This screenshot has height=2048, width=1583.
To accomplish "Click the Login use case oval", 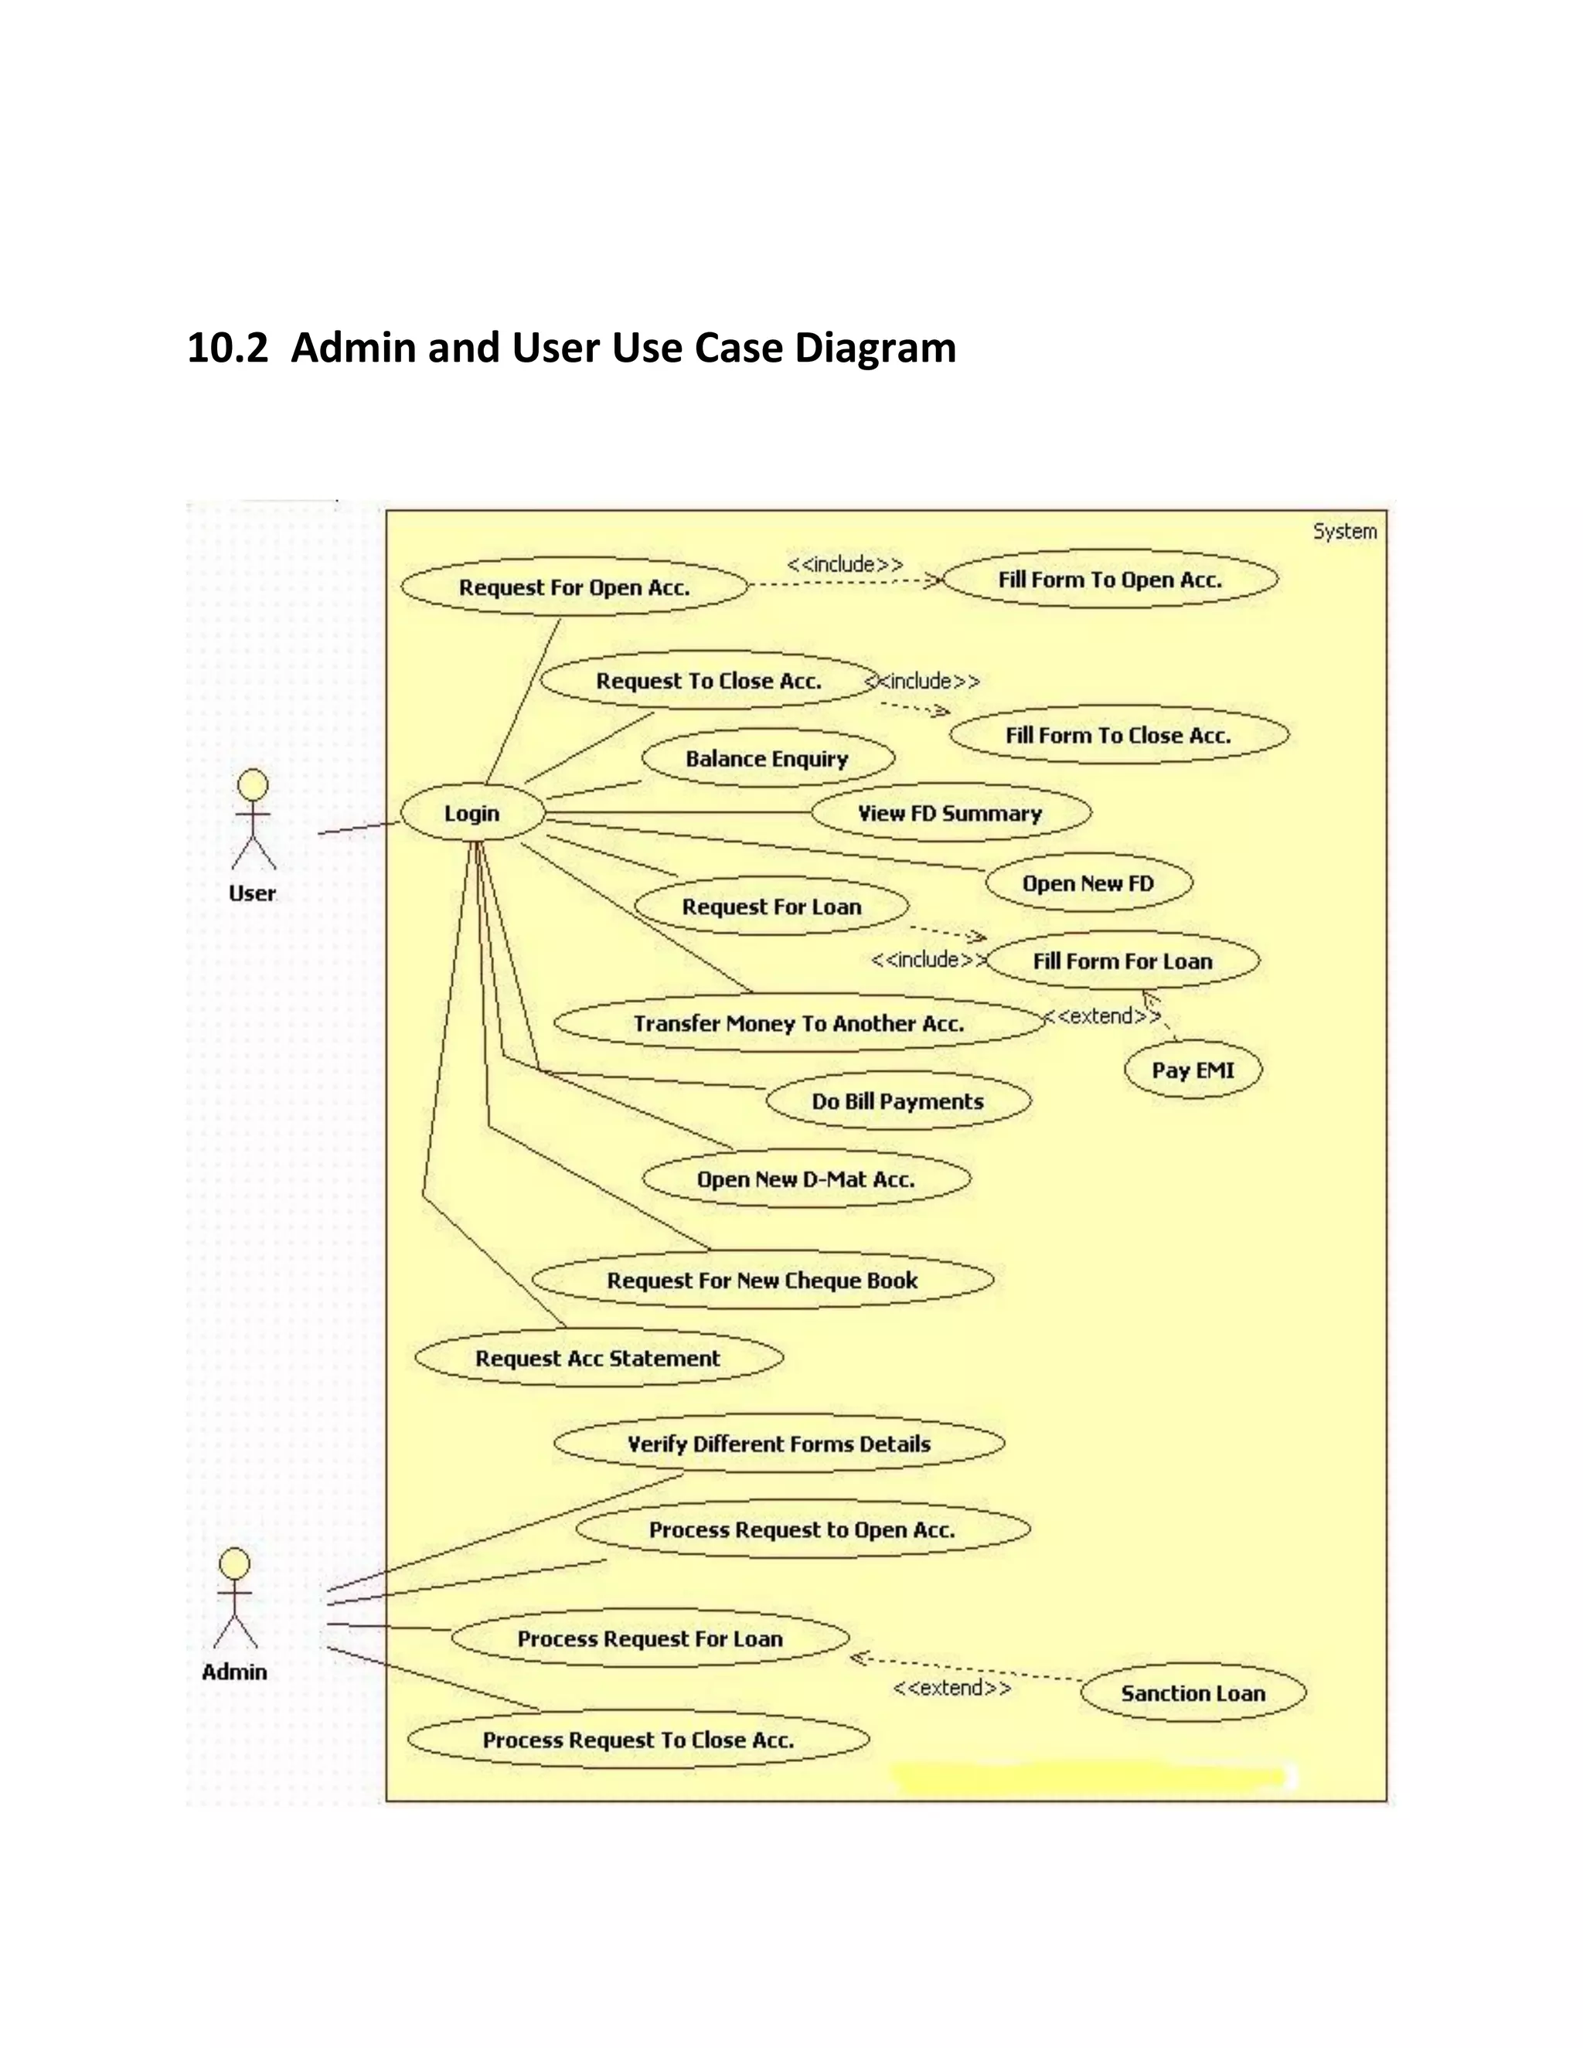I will point(471,813).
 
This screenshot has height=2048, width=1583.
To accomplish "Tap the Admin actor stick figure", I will point(234,1600).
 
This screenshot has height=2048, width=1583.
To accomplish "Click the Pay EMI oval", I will point(1193,1070).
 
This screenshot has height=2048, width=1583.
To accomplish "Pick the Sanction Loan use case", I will point(1193,1693).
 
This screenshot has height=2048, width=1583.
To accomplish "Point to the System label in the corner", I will point(1345,532).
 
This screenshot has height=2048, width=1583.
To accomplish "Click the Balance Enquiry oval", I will point(767,759).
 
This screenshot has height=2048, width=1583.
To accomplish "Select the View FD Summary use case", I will point(950,813).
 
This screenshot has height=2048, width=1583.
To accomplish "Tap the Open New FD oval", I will point(1088,883).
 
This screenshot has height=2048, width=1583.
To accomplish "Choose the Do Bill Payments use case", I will point(897,1101).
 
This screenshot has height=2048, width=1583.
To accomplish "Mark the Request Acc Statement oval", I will point(597,1358).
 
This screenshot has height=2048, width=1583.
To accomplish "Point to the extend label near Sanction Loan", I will point(952,1688).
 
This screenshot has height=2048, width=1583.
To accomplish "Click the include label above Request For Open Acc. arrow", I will point(845,563).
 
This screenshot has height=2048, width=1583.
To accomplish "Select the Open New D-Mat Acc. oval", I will point(805,1179).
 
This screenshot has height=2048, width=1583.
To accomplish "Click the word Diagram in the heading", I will point(875,348).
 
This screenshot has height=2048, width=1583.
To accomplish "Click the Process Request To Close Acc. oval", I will point(638,1740).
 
